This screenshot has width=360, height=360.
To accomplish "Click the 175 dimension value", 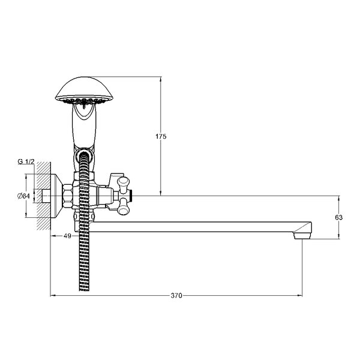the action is [x=161, y=136].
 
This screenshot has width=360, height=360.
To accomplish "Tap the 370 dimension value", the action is [x=176, y=295].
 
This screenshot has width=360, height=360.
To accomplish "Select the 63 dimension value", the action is [x=338, y=217].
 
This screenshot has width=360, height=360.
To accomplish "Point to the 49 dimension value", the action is [x=67, y=236].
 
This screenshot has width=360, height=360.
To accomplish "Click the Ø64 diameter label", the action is [x=23, y=196].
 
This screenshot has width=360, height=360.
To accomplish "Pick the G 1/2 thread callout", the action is [x=26, y=161].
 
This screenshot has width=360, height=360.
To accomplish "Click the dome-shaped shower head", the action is [x=84, y=90].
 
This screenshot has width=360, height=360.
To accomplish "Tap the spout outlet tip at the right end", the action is [x=302, y=236].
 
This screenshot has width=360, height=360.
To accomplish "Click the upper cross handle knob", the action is [x=123, y=183].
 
